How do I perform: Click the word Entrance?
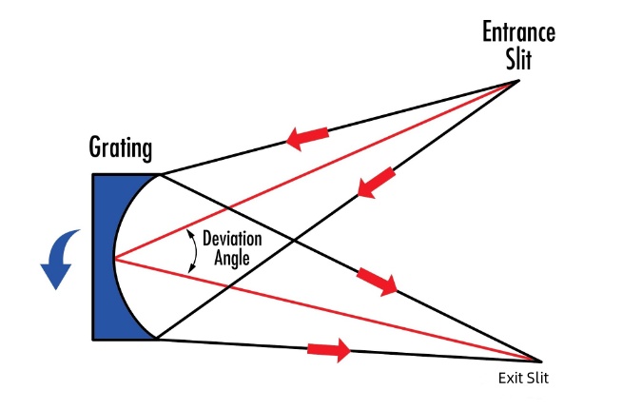[x=518, y=31]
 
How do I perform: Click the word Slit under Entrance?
[x=518, y=60]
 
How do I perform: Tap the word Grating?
[x=121, y=148]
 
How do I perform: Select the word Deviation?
[x=232, y=239]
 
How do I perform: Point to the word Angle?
[x=232, y=258]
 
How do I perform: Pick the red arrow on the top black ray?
[x=307, y=138]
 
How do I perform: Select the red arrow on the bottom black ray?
[x=329, y=350]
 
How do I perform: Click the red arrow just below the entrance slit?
[x=377, y=182]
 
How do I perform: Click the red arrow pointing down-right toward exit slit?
[x=377, y=281]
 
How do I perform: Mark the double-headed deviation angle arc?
[x=196, y=251]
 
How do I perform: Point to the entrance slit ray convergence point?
[x=518, y=81]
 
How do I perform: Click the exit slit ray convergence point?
[x=539, y=361]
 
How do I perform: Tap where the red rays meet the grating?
[x=114, y=259]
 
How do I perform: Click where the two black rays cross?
[x=294, y=240]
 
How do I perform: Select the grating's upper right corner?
[x=160, y=175]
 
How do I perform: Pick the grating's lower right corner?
[x=157, y=339]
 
